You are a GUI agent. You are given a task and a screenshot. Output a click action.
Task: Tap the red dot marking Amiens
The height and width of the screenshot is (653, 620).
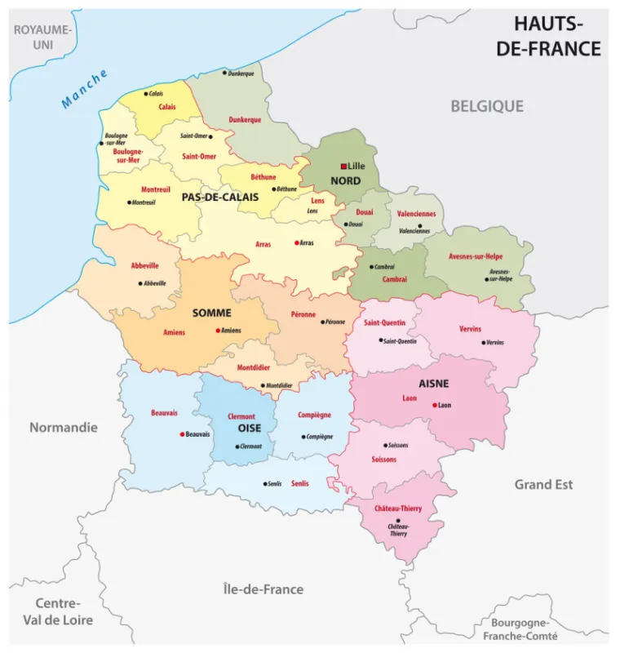tap(218, 331)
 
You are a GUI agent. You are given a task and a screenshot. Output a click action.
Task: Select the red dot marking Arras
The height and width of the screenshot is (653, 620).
tap(296, 242)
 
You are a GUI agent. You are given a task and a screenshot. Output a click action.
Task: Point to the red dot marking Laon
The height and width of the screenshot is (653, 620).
tap(435, 405)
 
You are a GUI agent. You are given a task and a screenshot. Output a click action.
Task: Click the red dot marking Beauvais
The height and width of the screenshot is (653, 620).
tap(182, 434)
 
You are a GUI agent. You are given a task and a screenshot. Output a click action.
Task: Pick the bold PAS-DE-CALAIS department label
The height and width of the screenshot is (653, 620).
tap(219, 197)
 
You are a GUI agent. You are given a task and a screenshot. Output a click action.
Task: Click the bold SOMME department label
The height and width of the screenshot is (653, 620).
tap(211, 313)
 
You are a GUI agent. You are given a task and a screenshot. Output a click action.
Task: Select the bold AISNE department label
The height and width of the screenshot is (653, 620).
tap(434, 384)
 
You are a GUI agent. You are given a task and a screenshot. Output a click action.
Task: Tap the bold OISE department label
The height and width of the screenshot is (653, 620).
tap(249, 428)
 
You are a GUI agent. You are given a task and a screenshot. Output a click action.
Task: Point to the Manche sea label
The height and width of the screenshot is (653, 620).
tap(84, 89)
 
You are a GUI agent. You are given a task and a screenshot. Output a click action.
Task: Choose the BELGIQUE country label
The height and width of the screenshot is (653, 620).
tap(487, 106)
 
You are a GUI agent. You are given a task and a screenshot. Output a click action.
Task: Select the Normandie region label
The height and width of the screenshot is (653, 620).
tap(63, 427)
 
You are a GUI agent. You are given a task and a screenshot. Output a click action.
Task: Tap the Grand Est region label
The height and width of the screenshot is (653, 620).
tap(543, 484)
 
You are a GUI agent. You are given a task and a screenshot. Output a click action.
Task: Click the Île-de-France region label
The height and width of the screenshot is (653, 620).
tap(263, 589)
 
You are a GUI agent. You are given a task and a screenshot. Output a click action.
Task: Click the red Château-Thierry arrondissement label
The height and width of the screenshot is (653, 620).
tap(398, 508)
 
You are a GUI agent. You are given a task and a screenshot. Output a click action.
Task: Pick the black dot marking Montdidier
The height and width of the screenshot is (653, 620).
tap(263, 385)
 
